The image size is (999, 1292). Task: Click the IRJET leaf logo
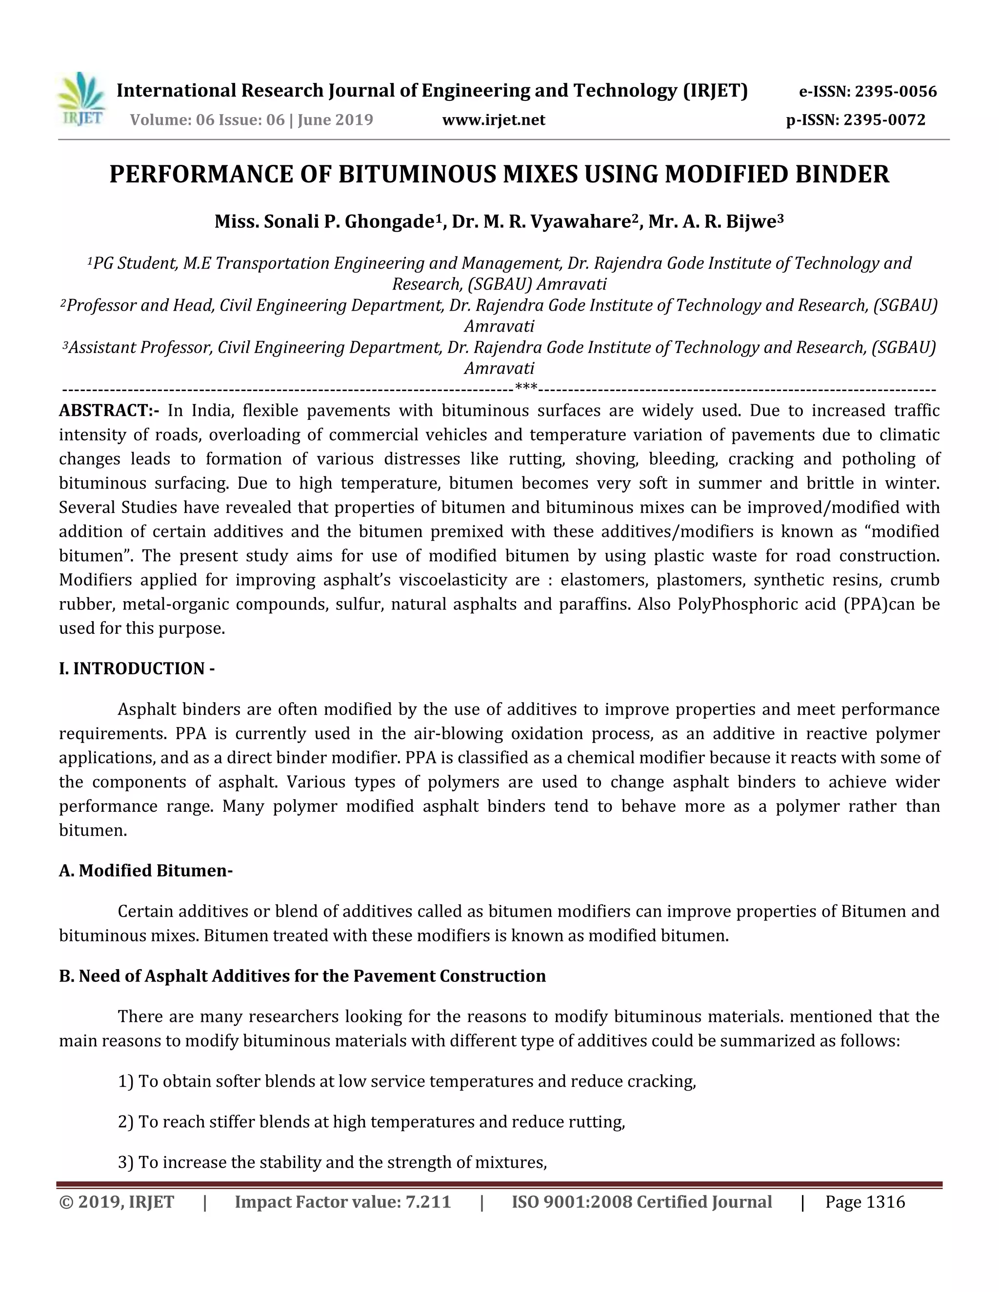click(81, 99)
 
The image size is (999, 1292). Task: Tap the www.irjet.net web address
click(494, 120)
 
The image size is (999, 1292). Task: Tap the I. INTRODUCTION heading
click(136, 668)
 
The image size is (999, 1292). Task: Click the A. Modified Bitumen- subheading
click(145, 871)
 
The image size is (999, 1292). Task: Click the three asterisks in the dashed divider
click(526, 388)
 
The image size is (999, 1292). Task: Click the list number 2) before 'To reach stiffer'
click(126, 1122)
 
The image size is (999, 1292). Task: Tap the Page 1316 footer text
click(865, 1203)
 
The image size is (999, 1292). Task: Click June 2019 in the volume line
click(335, 120)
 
